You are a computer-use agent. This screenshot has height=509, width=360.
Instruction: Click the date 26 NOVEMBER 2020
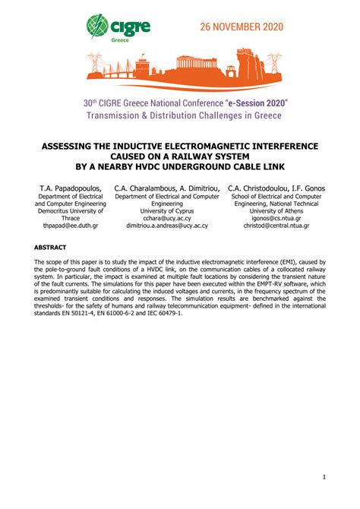(241, 27)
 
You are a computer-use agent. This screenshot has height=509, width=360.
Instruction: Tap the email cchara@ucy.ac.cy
(167, 216)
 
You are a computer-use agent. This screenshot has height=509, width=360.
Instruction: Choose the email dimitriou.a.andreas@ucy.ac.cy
(167, 226)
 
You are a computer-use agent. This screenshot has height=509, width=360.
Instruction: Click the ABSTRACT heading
(51, 248)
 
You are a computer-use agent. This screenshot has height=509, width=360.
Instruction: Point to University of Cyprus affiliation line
(167, 206)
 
